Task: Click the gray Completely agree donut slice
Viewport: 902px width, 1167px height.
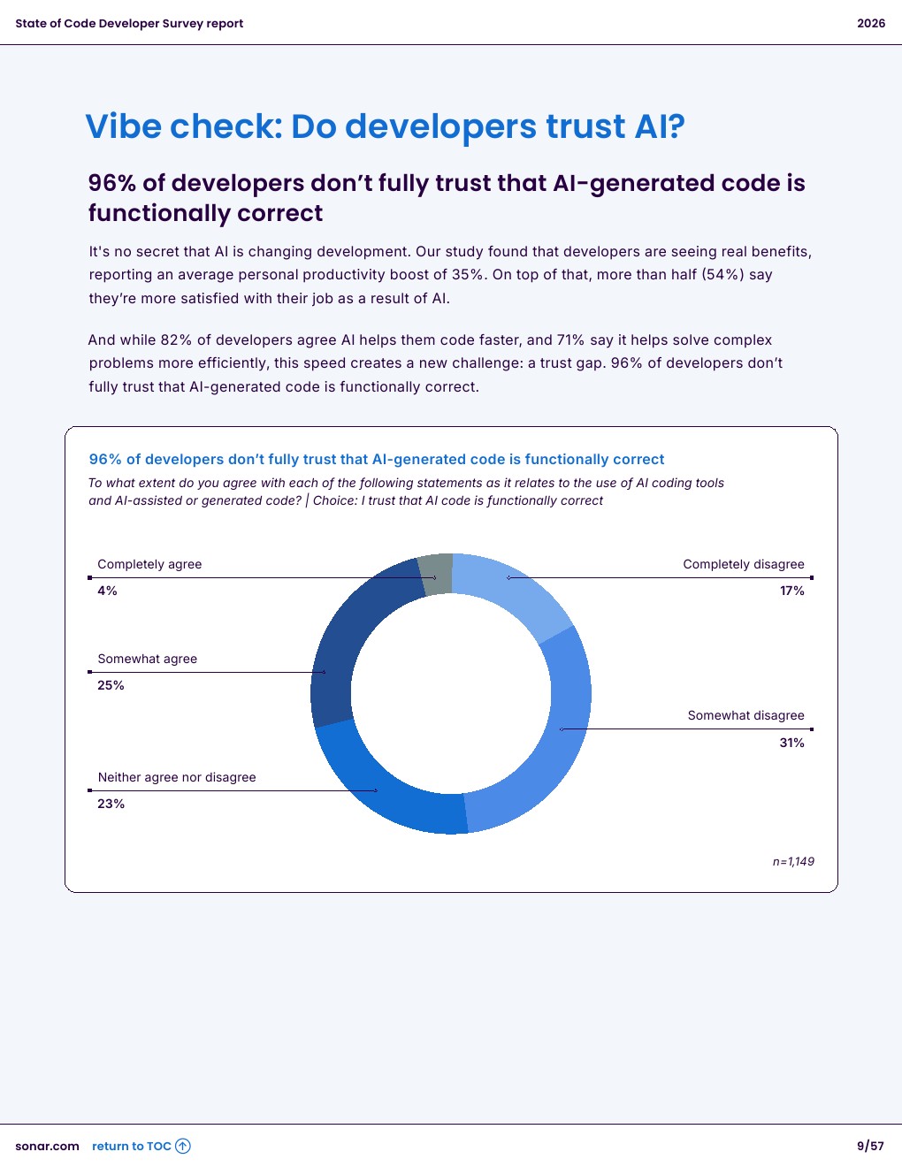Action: click(x=436, y=575)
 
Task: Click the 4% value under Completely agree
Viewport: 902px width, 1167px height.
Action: click(x=107, y=591)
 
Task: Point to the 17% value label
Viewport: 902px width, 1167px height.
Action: click(x=791, y=591)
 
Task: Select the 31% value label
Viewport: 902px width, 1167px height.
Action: click(x=791, y=743)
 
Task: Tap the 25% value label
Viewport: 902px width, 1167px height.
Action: click(x=111, y=685)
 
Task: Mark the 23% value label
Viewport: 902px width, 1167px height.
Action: click(x=111, y=804)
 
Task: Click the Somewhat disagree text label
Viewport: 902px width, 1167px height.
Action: click(x=745, y=715)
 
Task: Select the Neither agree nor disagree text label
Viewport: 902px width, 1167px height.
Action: click(x=177, y=777)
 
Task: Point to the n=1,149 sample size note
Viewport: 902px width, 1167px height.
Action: click(x=793, y=861)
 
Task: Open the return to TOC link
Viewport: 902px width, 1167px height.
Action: click(x=131, y=1146)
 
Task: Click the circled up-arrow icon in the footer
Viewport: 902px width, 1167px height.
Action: click(x=183, y=1146)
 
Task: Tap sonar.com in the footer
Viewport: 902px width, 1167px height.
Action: click(x=47, y=1146)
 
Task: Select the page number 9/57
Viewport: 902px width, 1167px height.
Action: click(x=870, y=1146)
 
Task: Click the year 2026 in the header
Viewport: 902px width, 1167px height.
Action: click(x=871, y=23)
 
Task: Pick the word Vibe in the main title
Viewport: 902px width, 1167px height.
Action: click(x=123, y=126)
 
